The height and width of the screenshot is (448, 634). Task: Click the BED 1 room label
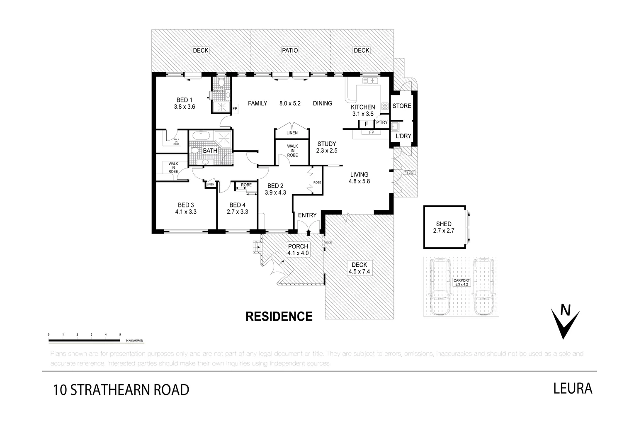point(185,100)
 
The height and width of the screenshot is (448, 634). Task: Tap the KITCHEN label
point(363,107)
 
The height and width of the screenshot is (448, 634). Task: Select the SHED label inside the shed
point(444,224)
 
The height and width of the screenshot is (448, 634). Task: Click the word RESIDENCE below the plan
point(279,317)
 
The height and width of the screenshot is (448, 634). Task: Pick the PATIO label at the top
point(290,51)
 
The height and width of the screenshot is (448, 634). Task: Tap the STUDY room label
point(327,144)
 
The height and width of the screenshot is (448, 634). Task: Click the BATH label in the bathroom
point(210,151)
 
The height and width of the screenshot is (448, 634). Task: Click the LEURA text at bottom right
point(573,389)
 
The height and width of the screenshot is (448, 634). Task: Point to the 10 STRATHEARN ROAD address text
point(121,390)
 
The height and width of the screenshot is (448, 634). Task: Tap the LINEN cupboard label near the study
point(292,133)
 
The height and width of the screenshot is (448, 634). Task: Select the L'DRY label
point(402,136)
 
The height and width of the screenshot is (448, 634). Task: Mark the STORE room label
point(402,106)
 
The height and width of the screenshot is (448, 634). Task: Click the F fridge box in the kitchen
point(366,124)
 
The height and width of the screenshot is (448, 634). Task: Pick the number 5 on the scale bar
point(120,334)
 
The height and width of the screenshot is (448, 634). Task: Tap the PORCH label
point(298,246)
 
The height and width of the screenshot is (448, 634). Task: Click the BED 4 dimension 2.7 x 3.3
point(237,212)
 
